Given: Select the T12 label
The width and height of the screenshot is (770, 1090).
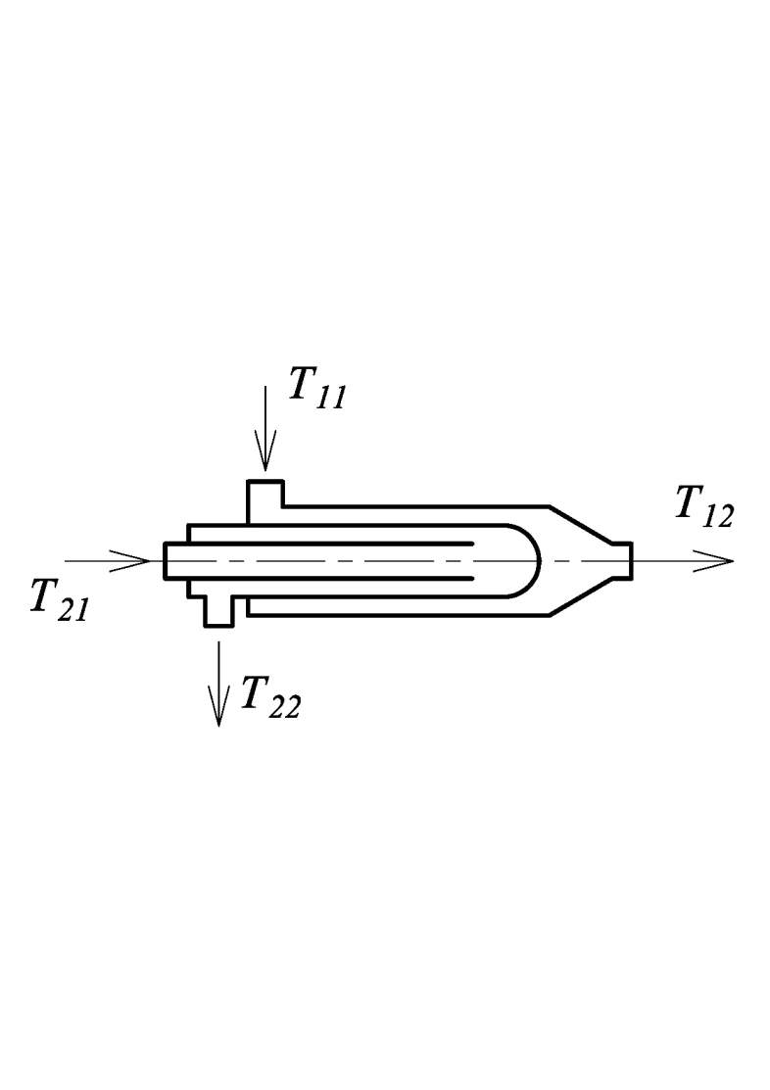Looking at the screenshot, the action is pos(704,508).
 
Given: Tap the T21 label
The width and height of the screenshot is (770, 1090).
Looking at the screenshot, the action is pos(60,600).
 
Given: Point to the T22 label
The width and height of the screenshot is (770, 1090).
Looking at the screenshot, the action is pos(270,697).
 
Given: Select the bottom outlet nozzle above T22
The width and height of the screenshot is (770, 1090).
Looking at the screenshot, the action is pos(218,612).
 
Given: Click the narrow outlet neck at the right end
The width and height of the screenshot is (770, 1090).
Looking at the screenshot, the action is pos(622,560).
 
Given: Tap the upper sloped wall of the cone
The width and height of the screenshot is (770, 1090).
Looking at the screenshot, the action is pos(581,524).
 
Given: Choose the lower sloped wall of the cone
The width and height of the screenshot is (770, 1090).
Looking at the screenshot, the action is pos(581,596).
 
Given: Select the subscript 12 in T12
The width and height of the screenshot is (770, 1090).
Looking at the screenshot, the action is pos(718,517).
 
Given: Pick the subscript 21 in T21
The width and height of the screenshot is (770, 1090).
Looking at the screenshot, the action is pos(73,610).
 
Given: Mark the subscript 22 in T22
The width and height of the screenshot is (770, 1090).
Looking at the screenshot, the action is pos(284,707).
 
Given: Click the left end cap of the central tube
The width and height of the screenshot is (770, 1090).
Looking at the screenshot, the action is pos(165,560).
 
